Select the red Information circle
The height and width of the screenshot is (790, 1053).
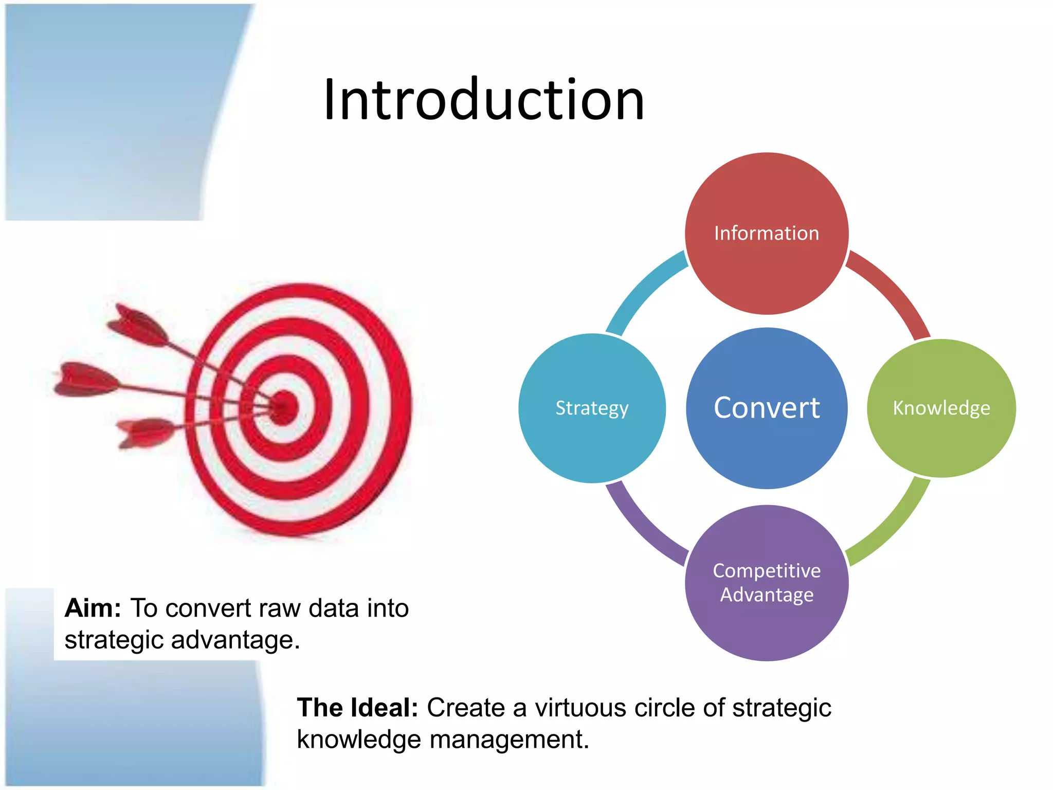point(766,233)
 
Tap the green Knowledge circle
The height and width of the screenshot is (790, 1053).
point(941,408)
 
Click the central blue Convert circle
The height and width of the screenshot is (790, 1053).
point(766,408)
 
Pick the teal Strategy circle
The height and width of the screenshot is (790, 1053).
point(592,408)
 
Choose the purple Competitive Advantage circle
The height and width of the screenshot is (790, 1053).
point(766,583)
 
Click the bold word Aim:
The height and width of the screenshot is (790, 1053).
point(93,608)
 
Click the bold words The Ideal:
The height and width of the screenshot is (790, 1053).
point(357,708)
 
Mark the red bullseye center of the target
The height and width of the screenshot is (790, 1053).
point(284,407)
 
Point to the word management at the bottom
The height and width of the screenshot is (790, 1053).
point(509,740)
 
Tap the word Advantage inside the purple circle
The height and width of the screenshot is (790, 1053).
point(766,595)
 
